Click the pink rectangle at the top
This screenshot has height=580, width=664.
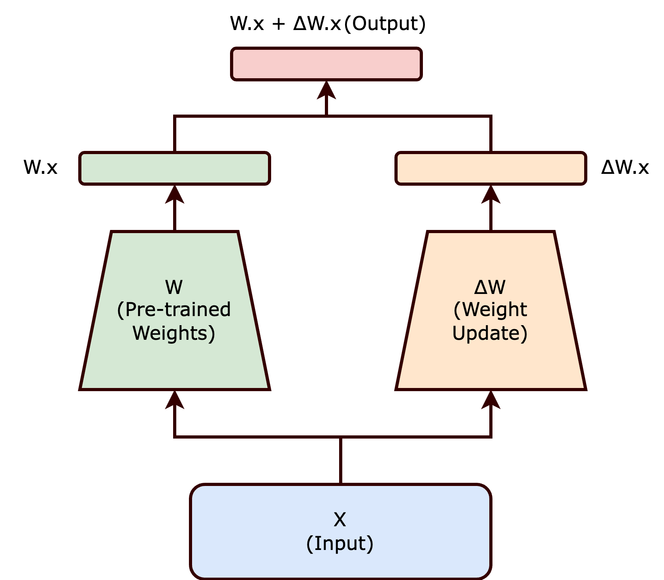(x=326, y=64)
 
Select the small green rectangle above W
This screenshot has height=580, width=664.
(x=174, y=168)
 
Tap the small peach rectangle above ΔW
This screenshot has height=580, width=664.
(x=490, y=168)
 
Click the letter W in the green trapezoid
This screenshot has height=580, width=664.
(x=174, y=287)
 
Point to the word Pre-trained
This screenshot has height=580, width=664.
(x=178, y=310)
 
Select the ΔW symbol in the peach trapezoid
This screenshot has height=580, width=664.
(x=490, y=287)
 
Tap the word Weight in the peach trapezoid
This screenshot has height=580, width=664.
(x=494, y=310)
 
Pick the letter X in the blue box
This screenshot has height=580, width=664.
(x=340, y=520)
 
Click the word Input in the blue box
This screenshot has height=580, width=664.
(x=340, y=544)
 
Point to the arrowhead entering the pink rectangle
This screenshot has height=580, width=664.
(x=326, y=90)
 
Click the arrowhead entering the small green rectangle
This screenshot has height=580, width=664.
(x=174, y=194)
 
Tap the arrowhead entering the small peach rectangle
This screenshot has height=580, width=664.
(x=491, y=194)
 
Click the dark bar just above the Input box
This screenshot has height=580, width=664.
(x=332, y=459)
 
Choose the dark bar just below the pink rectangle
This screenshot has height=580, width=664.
(x=332, y=132)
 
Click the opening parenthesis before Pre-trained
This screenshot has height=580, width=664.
(x=121, y=310)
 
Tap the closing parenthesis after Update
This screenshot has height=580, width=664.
(x=524, y=333)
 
